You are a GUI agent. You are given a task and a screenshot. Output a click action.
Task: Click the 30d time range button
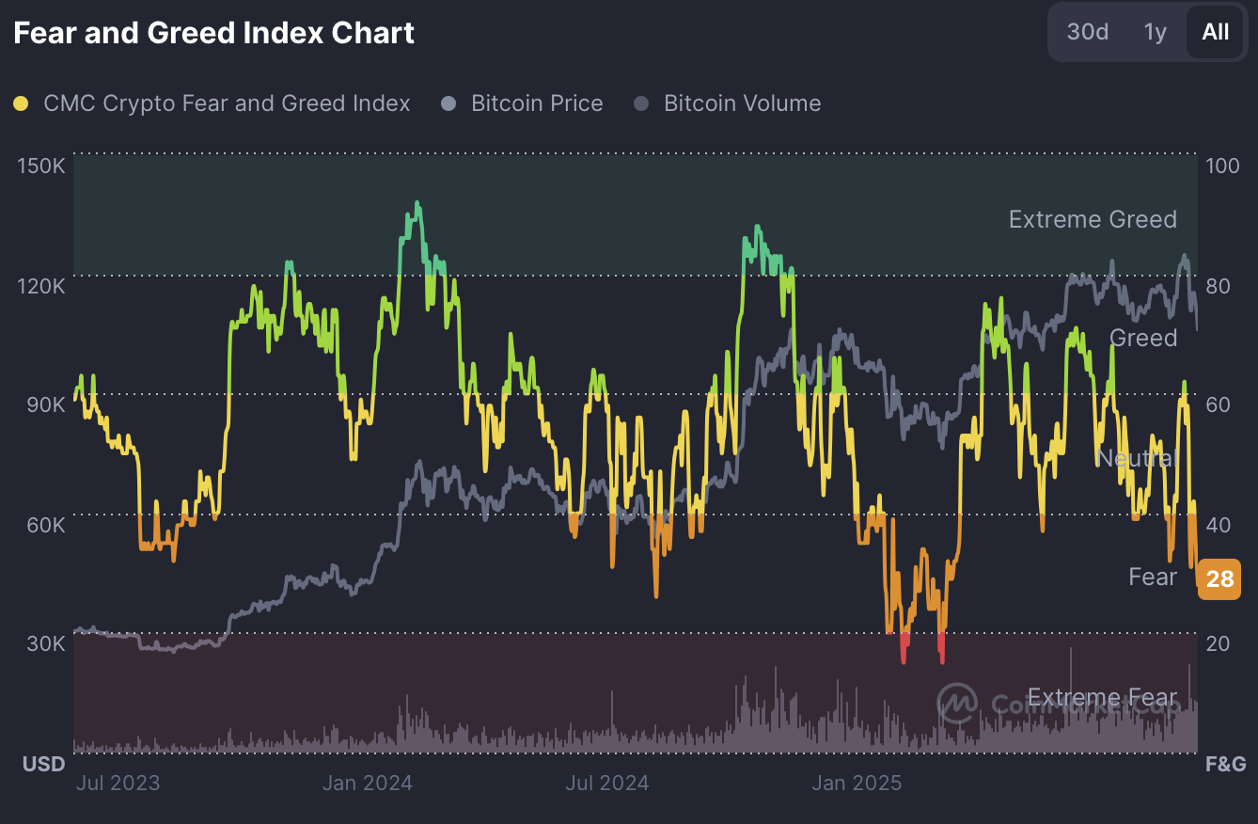tap(1088, 32)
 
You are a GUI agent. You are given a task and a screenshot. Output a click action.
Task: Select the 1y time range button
tap(1156, 32)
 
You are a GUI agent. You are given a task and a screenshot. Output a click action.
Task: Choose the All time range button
tap(1215, 32)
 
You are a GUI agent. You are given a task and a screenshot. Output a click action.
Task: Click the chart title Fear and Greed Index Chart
tap(213, 33)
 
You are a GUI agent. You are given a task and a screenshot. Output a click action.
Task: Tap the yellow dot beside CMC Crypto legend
tap(21, 103)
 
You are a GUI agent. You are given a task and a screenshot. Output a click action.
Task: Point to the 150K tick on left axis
tap(41, 166)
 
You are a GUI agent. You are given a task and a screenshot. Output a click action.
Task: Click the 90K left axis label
tap(45, 404)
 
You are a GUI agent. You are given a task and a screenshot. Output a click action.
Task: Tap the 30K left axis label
tap(45, 643)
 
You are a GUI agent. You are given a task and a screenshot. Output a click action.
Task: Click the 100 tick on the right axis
tap(1222, 166)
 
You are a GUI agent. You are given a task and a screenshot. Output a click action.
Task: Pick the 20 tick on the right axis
tap(1219, 643)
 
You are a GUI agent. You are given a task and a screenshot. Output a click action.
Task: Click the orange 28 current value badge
tap(1219, 578)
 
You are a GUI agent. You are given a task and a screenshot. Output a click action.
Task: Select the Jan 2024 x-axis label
tap(368, 783)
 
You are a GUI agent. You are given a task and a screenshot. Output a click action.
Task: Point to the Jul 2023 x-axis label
tap(118, 783)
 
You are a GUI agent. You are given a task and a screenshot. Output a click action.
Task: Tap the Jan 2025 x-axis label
tap(857, 783)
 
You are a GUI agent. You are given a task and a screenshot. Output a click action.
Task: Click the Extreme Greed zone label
tap(1093, 219)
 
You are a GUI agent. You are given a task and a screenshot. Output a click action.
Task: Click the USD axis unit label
tap(44, 763)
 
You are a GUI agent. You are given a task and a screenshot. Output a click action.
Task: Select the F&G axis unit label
tap(1226, 763)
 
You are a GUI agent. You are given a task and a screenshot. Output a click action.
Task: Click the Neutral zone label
tap(1137, 458)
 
